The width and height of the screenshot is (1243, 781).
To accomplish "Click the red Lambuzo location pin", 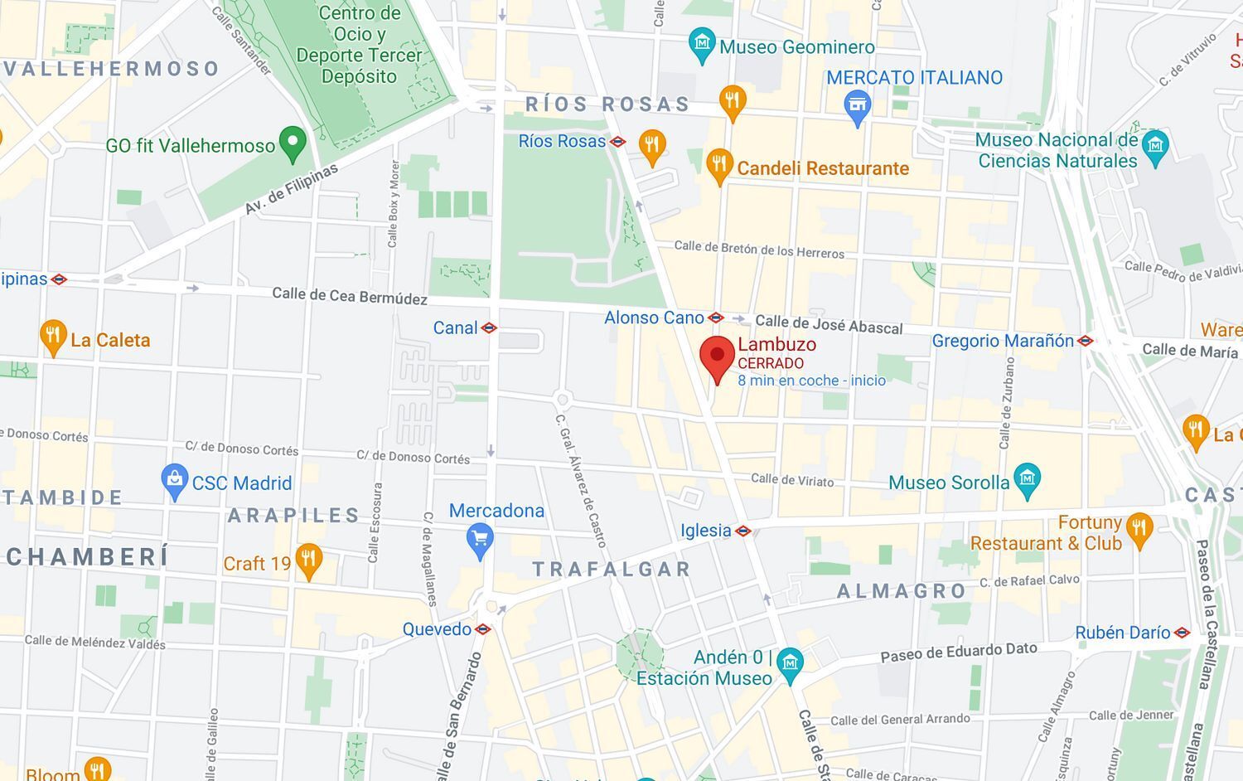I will (717, 357).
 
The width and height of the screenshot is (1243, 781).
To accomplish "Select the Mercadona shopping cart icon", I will (480, 539).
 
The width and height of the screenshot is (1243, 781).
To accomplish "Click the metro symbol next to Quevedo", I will (483, 629).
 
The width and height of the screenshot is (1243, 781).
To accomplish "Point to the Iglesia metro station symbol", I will (743, 531).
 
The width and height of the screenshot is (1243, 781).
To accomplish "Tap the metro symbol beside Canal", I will (489, 328).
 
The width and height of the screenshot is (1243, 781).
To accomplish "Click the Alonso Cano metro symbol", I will (716, 318).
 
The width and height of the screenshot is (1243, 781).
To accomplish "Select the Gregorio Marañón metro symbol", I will (1086, 341).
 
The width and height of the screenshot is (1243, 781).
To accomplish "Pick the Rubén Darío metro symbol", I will (1183, 633).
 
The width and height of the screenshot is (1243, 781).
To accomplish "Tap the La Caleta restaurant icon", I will (53, 336).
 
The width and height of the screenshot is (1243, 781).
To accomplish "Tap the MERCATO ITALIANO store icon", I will (858, 106).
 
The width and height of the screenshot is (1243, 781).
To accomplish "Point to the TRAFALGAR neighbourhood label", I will (612, 570).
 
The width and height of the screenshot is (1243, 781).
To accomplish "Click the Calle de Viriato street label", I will (792, 480).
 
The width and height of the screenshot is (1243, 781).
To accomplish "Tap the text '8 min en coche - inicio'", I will (811, 381).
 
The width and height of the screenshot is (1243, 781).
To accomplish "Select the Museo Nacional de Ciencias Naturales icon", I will (1154, 147).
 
